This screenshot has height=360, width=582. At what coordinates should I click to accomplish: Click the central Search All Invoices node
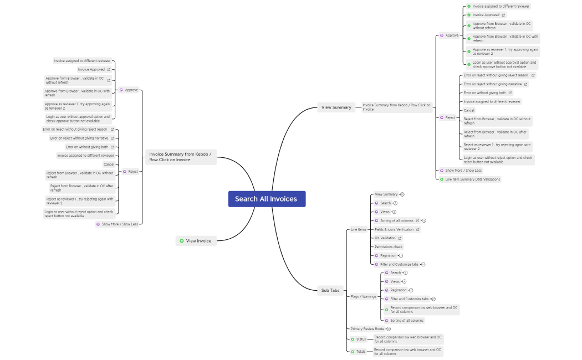[267, 199]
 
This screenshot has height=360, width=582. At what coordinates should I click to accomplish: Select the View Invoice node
[198, 241]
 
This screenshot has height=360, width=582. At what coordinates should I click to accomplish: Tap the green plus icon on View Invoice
[182, 241]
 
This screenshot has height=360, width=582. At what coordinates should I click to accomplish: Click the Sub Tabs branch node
[330, 290]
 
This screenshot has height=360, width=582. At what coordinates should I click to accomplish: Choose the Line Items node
[358, 229]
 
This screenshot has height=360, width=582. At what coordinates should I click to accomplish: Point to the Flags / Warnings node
[363, 296]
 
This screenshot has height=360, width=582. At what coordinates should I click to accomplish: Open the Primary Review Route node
[367, 329]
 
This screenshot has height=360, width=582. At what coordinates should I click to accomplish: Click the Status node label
[361, 339]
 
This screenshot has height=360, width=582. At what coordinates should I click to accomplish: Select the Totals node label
[361, 351]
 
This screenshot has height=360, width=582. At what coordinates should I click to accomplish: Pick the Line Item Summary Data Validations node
[472, 179]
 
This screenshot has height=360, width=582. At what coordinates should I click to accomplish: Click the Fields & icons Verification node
[394, 229]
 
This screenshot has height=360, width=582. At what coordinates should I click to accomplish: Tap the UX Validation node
[385, 238]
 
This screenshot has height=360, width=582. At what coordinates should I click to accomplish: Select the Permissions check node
[389, 247]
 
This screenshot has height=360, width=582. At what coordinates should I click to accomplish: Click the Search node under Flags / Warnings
[395, 272]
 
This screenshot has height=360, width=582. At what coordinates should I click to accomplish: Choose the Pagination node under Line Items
[388, 256]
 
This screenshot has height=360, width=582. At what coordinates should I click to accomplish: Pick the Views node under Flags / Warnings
[395, 281]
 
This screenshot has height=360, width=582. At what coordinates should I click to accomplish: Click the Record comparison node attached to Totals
[407, 351]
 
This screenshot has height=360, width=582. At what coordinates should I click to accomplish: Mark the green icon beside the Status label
[353, 339]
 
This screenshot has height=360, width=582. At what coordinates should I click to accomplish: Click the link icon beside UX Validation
[400, 238]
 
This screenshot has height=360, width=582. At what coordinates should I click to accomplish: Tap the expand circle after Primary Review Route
[389, 329]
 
